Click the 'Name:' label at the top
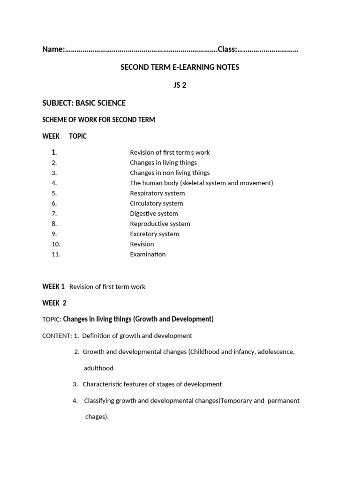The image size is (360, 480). [x=53, y=49]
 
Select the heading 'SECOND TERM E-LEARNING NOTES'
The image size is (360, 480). [x=180, y=67]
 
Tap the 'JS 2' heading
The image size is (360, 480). [x=180, y=85]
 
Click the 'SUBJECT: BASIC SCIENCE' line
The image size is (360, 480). [x=84, y=103]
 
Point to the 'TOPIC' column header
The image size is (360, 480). [x=78, y=136]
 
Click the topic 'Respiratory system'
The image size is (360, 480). [x=157, y=193]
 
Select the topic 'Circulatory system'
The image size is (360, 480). [x=157, y=203]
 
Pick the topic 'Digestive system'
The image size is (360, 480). [x=154, y=213]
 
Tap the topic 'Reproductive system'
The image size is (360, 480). [x=160, y=224]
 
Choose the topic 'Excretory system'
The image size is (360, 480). [x=154, y=234]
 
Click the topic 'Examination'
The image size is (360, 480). [x=148, y=254]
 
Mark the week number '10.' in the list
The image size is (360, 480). [x=56, y=244]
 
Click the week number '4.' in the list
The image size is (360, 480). [x=54, y=183]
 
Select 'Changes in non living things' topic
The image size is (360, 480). [x=170, y=172]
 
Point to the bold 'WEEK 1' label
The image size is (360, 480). [x=53, y=286]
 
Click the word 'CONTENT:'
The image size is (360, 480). [x=57, y=336]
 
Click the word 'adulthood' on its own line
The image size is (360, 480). [x=98, y=368]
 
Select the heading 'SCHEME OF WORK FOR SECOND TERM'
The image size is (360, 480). [x=98, y=120]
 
